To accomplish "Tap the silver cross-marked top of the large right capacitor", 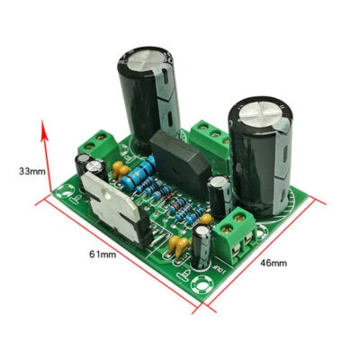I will [262, 108].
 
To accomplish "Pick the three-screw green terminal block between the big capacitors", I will [209, 136].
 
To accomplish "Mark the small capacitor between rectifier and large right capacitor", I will [219, 192].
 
